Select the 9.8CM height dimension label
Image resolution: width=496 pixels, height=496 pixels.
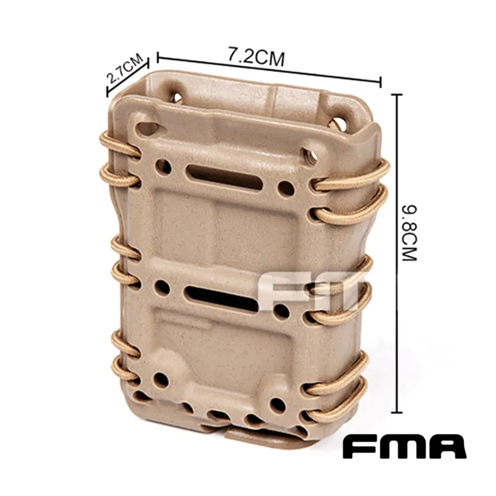[410, 233]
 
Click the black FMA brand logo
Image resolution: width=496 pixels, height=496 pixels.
[405, 446]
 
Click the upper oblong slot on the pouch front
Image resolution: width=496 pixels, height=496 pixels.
[224, 177]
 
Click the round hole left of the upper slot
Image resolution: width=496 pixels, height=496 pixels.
[164, 166]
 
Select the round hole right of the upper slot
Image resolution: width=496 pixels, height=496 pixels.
[286, 188]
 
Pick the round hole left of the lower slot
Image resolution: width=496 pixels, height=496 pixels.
[162, 287]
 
